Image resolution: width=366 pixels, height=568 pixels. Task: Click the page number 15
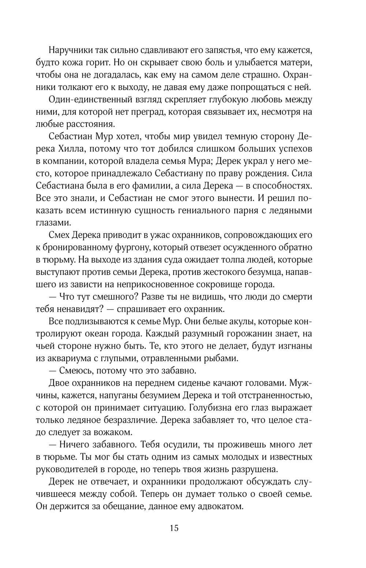click(x=174, y=528)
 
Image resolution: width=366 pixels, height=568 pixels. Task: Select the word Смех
click(x=59, y=235)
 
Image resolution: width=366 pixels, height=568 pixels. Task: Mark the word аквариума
click(x=68, y=359)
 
